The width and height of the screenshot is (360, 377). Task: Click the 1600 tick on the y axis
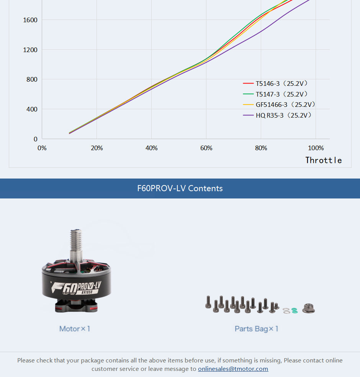point(30,20)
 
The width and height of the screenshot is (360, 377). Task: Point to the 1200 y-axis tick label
point(30,50)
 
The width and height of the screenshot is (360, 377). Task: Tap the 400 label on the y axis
point(32,109)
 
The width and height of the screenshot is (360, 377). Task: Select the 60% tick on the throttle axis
point(206,148)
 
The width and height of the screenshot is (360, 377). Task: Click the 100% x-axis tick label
point(316,148)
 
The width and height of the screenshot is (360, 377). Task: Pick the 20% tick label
point(97,148)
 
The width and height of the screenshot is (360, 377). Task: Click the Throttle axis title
point(323,160)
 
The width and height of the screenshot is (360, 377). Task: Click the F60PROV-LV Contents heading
point(180,188)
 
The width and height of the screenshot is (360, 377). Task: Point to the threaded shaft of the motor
point(76,241)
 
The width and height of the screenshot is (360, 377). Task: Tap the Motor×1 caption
point(75,329)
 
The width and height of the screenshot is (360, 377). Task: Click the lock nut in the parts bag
point(308,308)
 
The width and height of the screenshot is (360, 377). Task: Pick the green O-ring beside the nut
point(294,310)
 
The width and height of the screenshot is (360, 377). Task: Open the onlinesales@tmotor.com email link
point(233,369)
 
